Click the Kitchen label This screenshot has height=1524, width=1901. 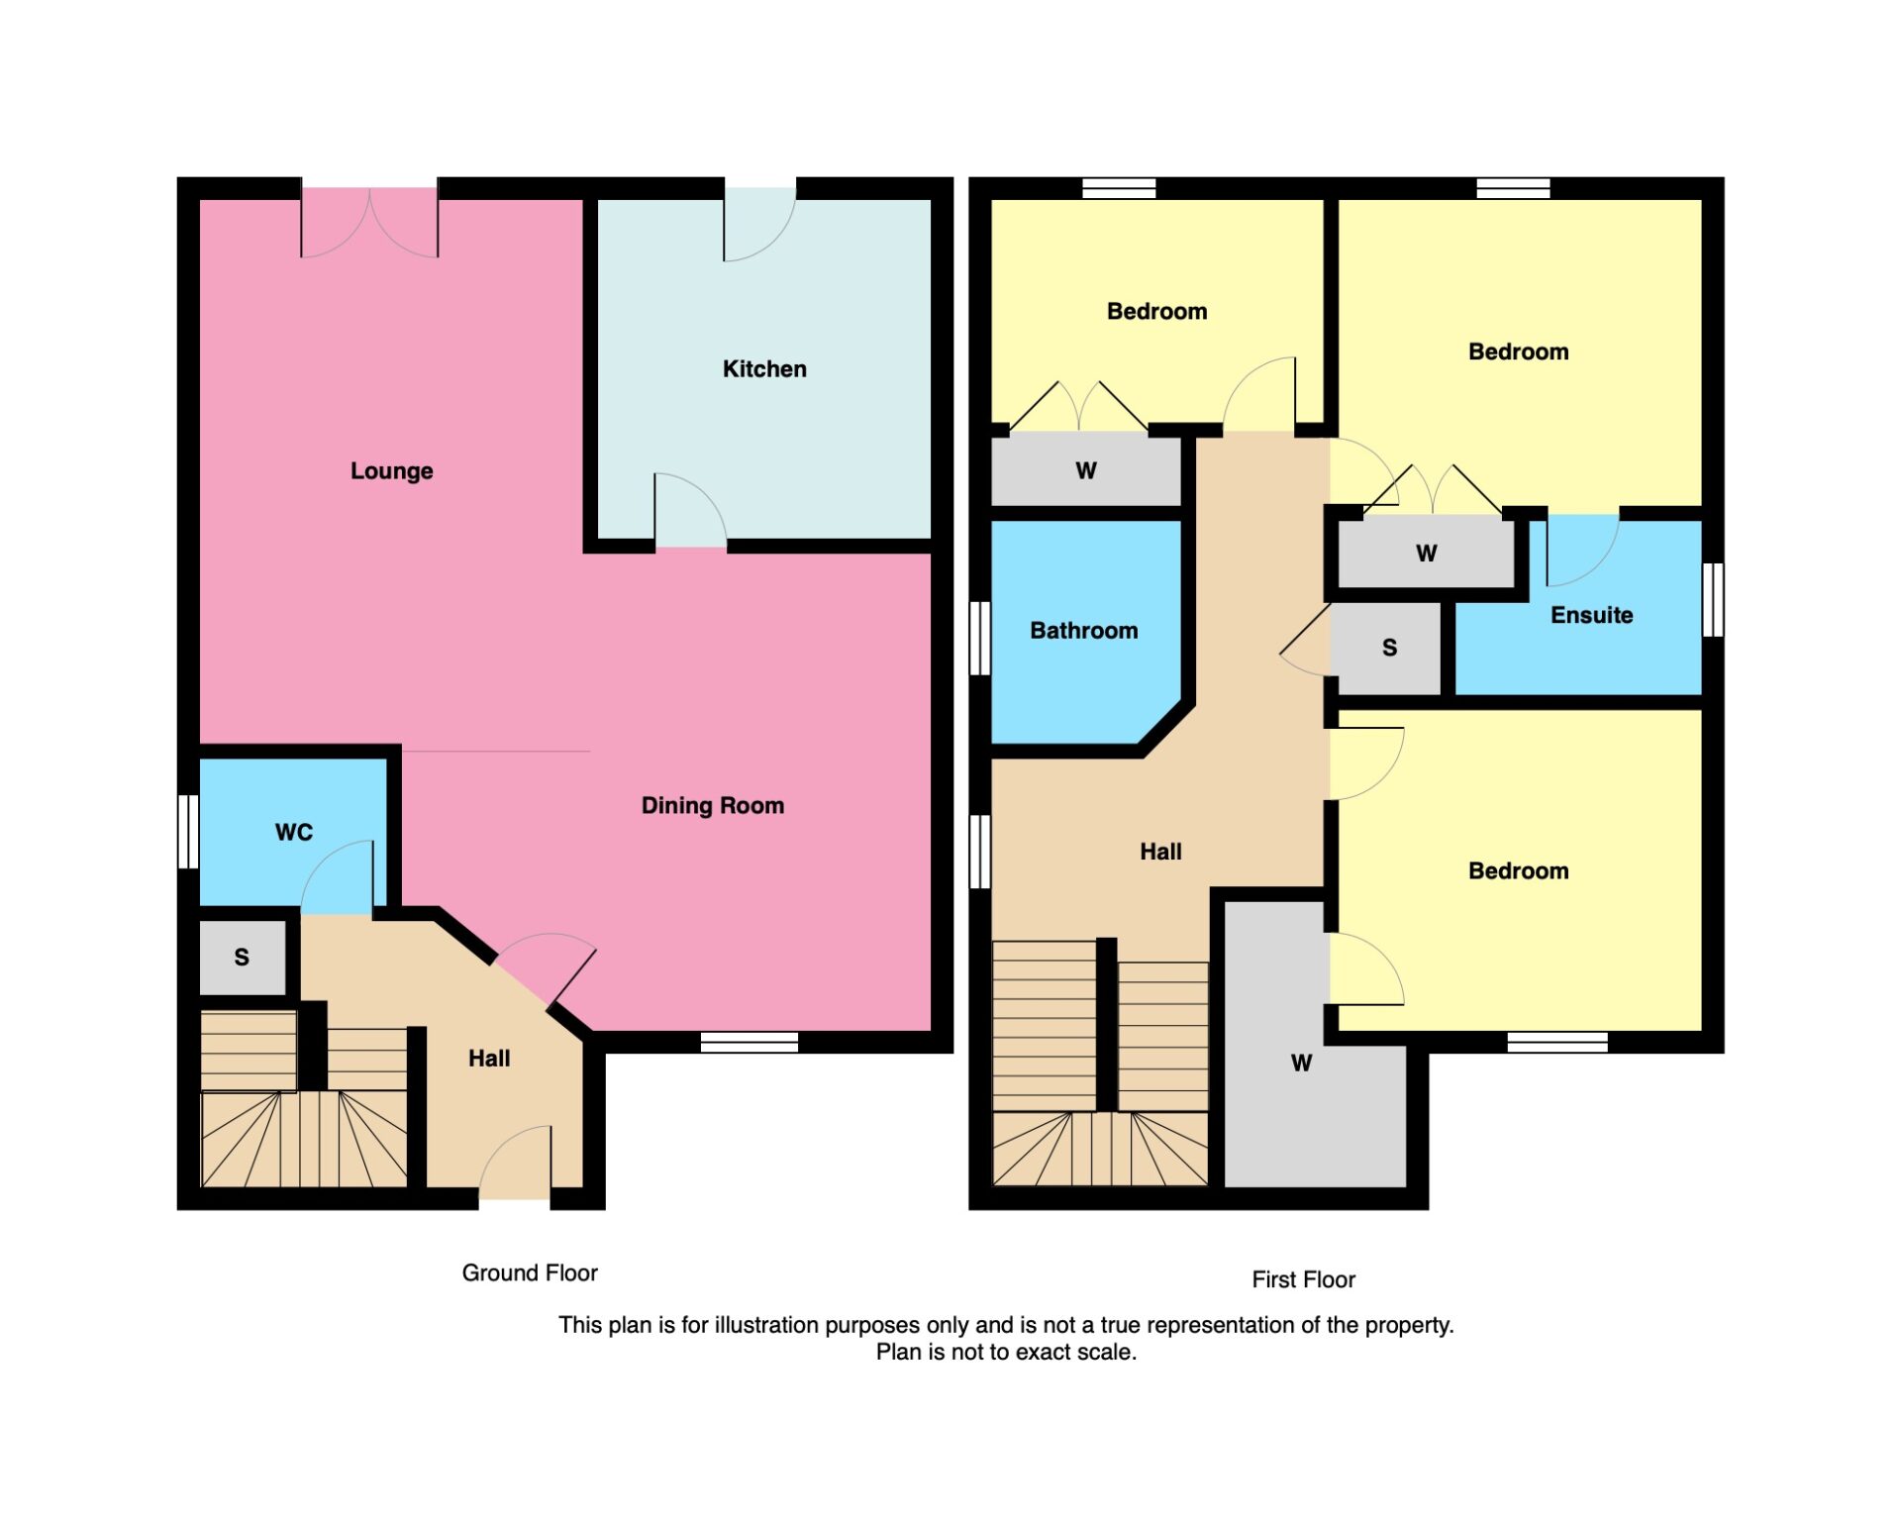click(763, 369)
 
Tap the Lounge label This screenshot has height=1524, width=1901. click(391, 471)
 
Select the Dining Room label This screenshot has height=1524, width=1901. click(712, 806)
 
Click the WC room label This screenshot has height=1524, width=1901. click(293, 833)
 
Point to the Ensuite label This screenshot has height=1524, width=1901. click(1590, 616)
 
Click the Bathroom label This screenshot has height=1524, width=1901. click(1083, 631)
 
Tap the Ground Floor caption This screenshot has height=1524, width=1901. click(529, 1273)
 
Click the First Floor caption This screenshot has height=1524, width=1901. click(1302, 1280)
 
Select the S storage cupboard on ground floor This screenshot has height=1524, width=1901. click(242, 958)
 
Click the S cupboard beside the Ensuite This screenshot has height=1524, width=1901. click(1388, 649)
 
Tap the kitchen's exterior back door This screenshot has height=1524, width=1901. click(759, 223)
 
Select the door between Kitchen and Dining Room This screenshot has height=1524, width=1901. click(690, 515)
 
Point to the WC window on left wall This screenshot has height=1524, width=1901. click(188, 832)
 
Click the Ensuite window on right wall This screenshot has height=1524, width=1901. click(1712, 599)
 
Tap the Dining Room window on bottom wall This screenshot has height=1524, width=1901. click(749, 1042)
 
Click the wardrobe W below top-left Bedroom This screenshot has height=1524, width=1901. click(1085, 471)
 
